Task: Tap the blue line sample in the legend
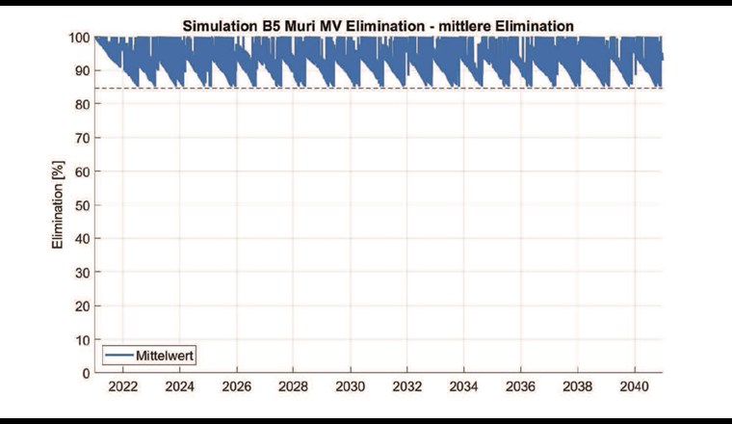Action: click(x=120, y=355)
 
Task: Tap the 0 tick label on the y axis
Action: click(x=86, y=373)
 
